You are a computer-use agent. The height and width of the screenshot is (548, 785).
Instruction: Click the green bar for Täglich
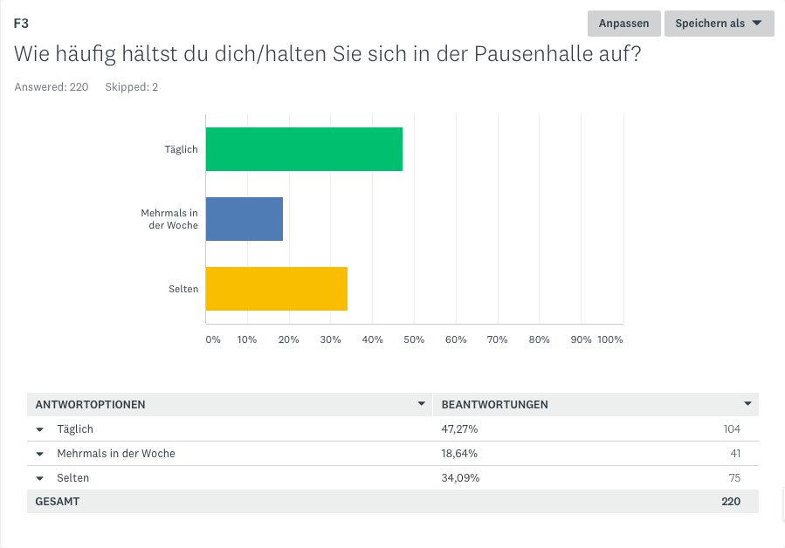pyautogui.click(x=304, y=149)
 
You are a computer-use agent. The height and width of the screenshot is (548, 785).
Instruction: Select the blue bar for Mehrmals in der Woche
pyautogui.click(x=244, y=219)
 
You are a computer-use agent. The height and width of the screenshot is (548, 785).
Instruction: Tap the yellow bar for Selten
pyautogui.click(x=277, y=289)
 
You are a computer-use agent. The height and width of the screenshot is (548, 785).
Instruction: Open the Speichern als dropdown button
pyautogui.click(x=719, y=24)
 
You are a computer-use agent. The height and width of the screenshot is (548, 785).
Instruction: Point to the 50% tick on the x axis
pyautogui.click(x=414, y=339)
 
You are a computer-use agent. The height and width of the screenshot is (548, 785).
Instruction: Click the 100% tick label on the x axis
pyautogui.click(x=609, y=339)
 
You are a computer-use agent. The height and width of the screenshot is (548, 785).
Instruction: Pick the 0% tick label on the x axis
pyautogui.click(x=213, y=339)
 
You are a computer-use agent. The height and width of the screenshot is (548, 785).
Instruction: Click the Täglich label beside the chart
pyautogui.click(x=182, y=149)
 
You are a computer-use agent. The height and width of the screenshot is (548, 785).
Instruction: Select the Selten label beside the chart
pyautogui.click(x=183, y=289)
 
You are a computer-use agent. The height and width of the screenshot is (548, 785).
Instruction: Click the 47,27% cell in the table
pyautogui.click(x=459, y=429)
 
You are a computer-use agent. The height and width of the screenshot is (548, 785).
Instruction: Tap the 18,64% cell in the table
pyautogui.click(x=459, y=454)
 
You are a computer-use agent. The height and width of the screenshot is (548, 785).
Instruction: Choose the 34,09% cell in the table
pyautogui.click(x=460, y=478)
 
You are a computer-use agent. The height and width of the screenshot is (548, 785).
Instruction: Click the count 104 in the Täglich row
pyautogui.click(x=731, y=429)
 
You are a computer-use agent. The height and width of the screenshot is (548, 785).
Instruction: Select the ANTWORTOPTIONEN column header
pyautogui.click(x=90, y=405)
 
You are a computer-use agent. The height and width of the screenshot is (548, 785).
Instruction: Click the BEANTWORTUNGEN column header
pyautogui.click(x=495, y=405)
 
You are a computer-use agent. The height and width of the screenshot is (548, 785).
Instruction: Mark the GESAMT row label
pyautogui.click(x=57, y=502)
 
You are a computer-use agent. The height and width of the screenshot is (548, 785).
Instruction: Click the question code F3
pyautogui.click(x=22, y=24)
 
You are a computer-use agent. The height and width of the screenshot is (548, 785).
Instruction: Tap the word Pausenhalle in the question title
pyautogui.click(x=528, y=54)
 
